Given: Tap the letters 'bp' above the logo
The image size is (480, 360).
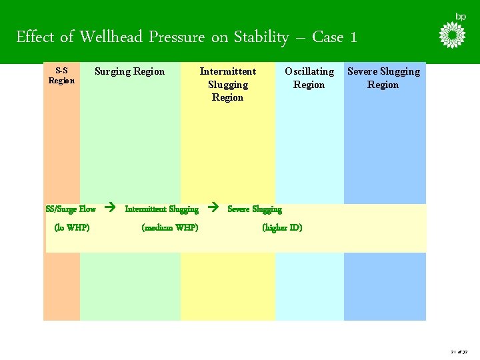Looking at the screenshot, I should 461,16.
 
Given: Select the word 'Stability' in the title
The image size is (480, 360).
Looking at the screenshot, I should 261,37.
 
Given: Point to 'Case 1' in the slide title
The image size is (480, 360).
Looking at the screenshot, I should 335,37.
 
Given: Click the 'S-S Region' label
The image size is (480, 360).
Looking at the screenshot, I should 61,75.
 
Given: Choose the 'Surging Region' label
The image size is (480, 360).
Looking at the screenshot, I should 129,71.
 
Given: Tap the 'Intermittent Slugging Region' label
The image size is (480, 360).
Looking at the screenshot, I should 228,84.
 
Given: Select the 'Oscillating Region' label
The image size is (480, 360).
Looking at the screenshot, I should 309,77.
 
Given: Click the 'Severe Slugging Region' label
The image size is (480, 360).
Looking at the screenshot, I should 383,77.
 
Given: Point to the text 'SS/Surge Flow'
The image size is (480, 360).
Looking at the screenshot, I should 71,209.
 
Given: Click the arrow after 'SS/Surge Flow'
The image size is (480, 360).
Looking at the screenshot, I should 111,208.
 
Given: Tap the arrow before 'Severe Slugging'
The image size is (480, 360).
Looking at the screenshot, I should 213,208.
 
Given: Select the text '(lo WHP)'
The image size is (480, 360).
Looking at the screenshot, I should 72,227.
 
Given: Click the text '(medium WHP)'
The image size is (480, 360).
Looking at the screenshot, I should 170,227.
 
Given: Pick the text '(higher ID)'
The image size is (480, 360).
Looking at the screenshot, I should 282,227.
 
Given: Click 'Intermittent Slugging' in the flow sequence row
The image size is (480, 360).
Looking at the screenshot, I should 161,209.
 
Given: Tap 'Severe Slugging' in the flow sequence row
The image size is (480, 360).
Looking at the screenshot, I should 255,209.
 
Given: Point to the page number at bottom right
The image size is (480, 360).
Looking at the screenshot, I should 459,351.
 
